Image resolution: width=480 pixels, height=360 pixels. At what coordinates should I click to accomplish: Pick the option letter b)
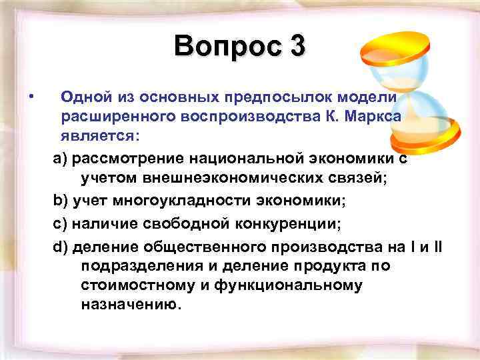pyautogui.click(x=60, y=201)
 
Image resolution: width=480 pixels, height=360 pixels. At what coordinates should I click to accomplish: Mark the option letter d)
pyautogui.click(x=60, y=247)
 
